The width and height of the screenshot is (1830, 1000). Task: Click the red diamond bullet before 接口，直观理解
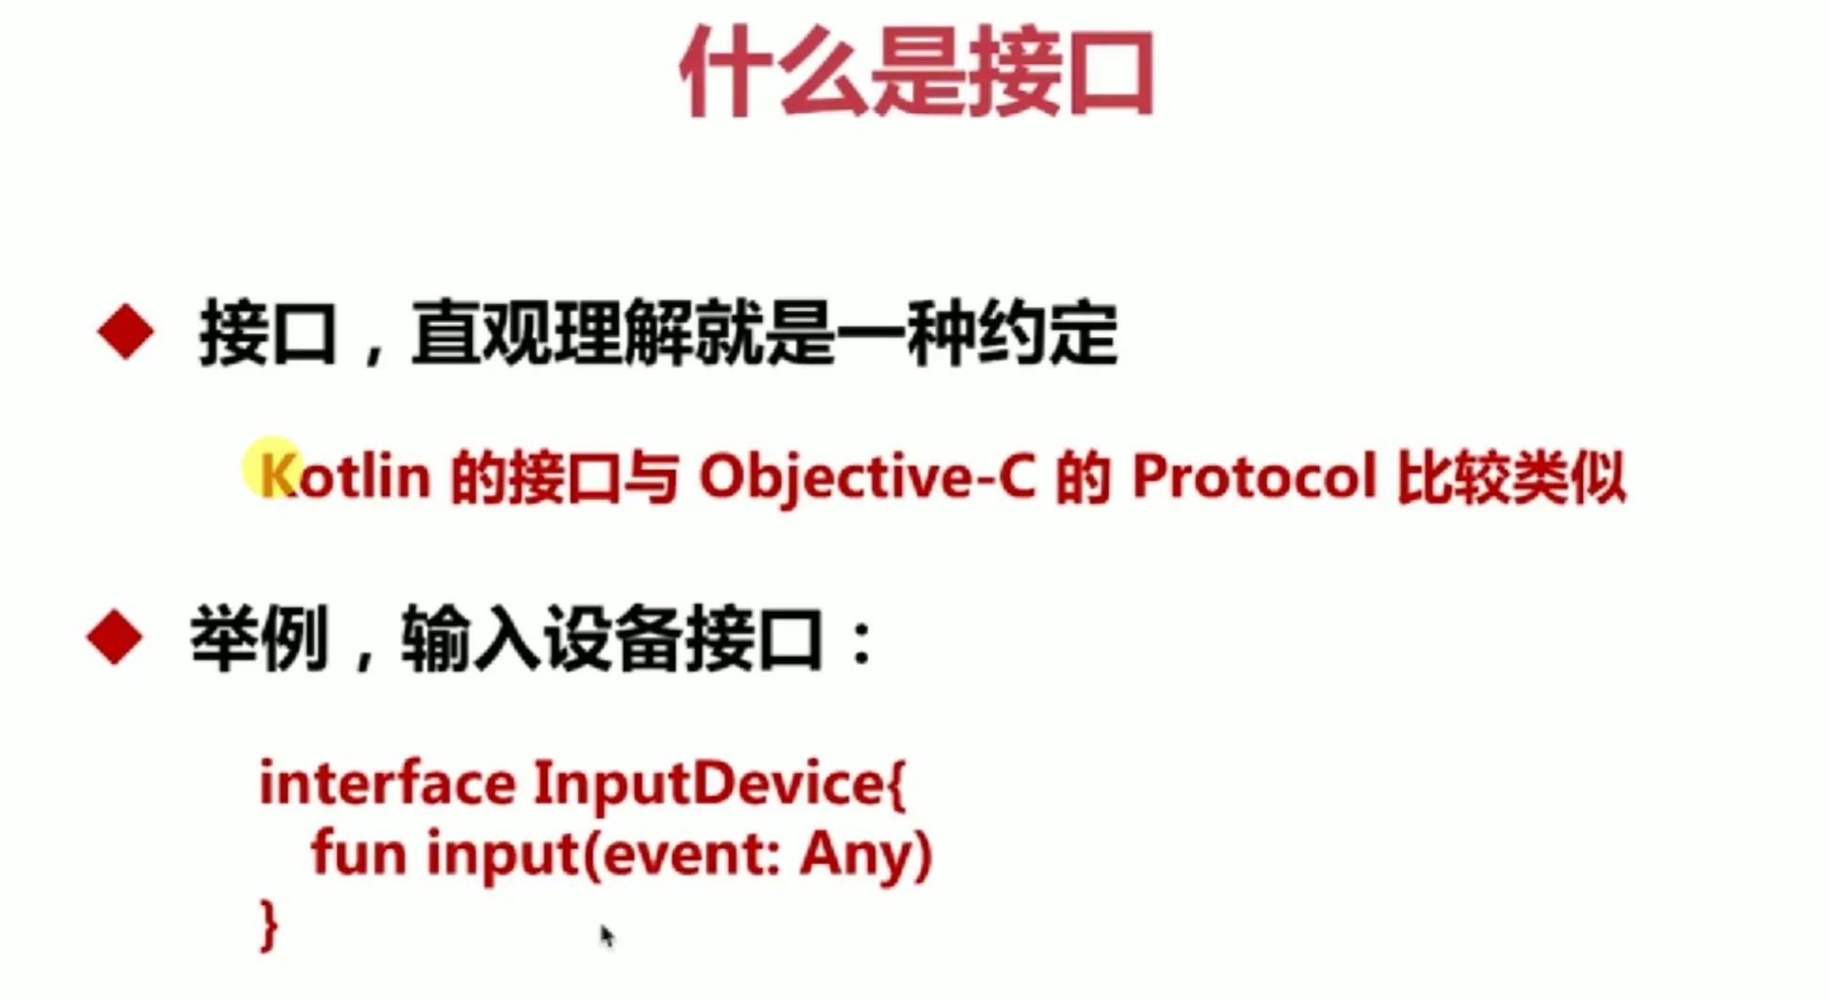[125, 332]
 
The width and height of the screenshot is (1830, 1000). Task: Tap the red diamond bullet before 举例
[115, 637]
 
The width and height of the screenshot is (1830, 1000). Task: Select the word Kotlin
[345, 476]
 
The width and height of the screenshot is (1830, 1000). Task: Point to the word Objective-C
[867, 477]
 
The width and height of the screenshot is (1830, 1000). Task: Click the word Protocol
[1255, 476]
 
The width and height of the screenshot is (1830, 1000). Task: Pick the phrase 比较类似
[1512, 476]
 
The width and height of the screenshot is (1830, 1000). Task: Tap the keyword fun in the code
[359, 853]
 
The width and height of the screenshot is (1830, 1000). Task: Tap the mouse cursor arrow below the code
[606, 936]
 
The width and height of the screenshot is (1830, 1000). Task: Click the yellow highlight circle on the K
[272, 468]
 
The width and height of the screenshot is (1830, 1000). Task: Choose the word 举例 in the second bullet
[260, 638]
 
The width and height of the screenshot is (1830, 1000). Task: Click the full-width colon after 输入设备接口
[860, 644]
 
